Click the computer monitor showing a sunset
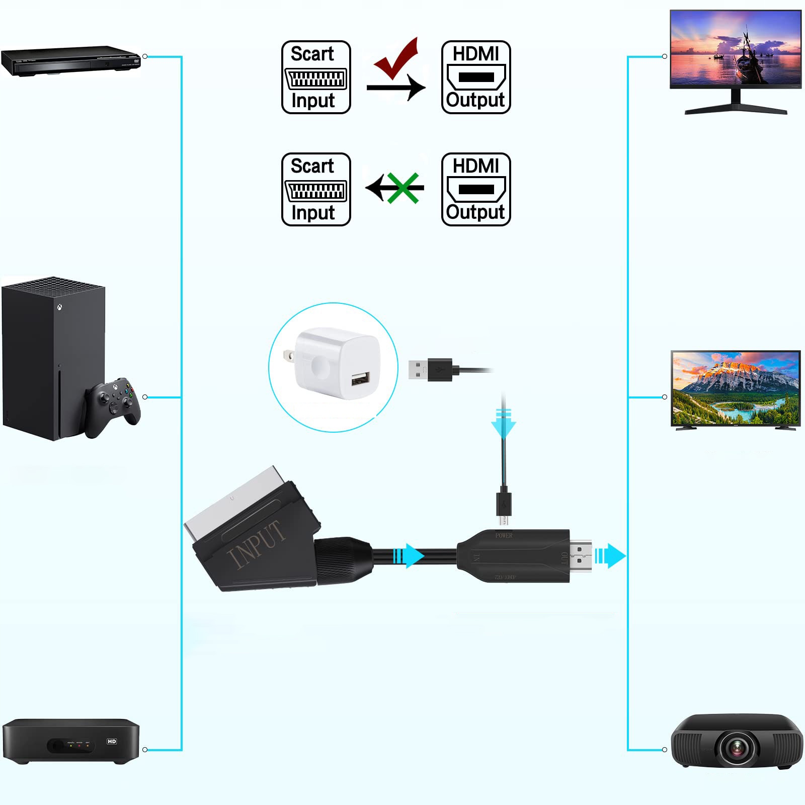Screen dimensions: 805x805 pos(736,50)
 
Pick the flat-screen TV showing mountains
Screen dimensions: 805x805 pos(736,388)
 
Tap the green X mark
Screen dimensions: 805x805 pos(403,188)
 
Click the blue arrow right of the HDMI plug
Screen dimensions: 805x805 pos(611,556)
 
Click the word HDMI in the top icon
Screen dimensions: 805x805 pos(475,53)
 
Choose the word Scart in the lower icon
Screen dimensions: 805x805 pos(312,166)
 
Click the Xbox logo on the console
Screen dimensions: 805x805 pos(60,305)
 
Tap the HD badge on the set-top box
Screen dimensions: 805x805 pos(112,741)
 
